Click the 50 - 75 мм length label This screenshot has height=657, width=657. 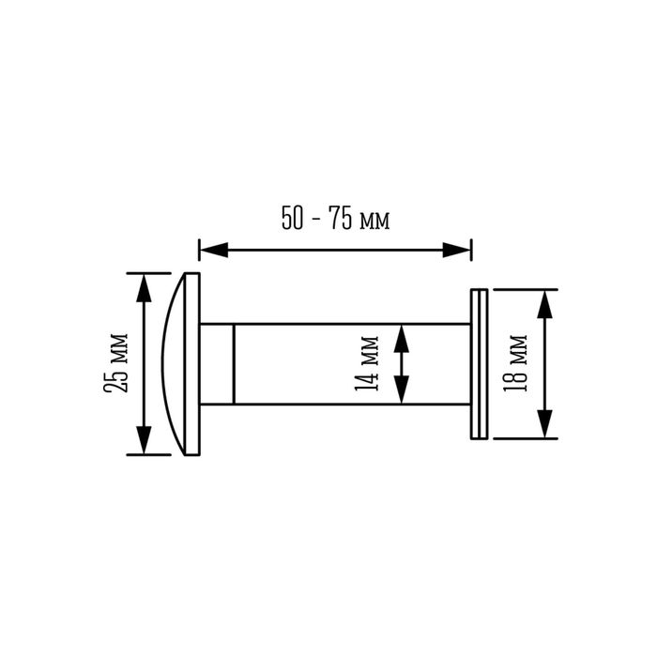pyautogui.click(x=336, y=218)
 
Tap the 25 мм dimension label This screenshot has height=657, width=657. pyautogui.click(x=115, y=363)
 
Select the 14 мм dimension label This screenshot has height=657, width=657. pyautogui.click(x=367, y=363)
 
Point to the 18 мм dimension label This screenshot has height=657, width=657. pyautogui.click(x=515, y=363)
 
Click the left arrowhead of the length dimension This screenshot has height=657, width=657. pyautogui.click(x=214, y=251)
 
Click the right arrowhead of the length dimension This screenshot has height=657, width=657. pyautogui.click(x=457, y=251)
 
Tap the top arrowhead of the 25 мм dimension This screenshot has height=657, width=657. pyautogui.click(x=144, y=288)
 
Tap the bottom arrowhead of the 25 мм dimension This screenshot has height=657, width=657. pyautogui.click(x=144, y=440)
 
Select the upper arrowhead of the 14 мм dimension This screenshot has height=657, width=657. pyautogui.click(x=402, y=338)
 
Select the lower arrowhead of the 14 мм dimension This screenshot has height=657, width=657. pyautogui.click(x=402, y=390)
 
